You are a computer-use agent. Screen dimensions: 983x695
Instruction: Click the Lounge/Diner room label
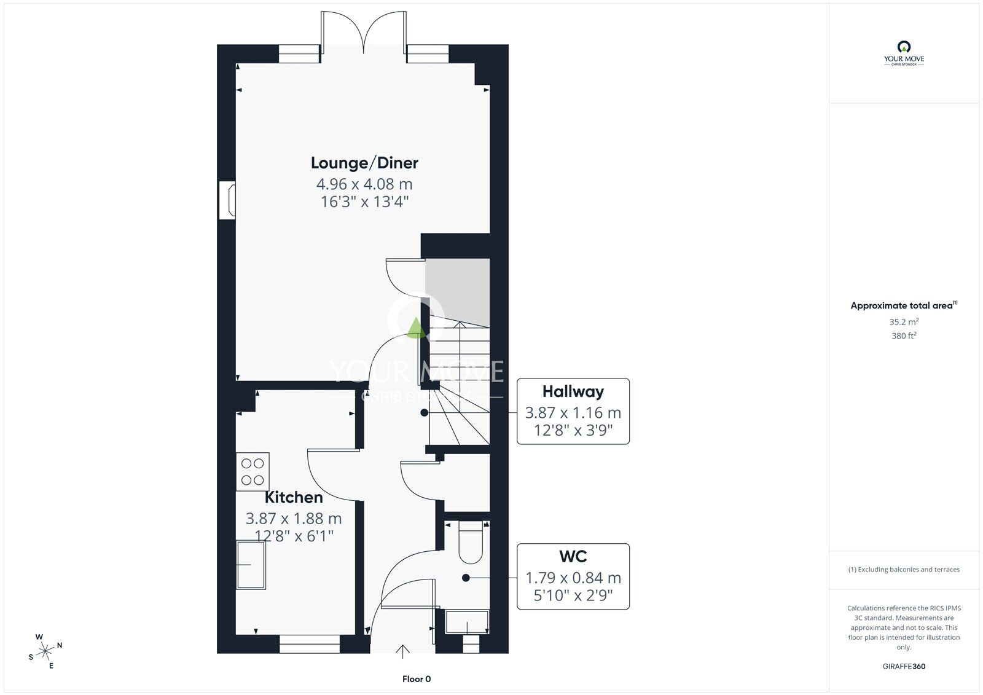364,163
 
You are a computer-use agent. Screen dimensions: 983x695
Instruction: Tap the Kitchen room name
294,497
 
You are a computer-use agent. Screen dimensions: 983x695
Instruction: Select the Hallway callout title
573,391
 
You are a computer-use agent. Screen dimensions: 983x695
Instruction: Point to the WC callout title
573,556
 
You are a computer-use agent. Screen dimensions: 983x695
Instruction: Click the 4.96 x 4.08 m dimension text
364,184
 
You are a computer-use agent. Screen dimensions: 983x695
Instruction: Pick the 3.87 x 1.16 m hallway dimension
573,413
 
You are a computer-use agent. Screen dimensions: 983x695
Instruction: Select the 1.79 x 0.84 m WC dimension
573,578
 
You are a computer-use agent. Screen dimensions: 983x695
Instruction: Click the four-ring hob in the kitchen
253,471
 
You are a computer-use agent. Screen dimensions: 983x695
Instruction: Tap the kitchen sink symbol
251,565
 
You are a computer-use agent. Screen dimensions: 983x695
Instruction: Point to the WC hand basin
467,622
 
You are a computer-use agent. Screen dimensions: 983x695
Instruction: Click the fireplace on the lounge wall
228,201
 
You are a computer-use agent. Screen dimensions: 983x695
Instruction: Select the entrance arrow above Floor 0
402,651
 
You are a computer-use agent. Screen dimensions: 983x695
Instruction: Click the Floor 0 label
417,679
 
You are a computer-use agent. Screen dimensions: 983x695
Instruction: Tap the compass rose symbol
45,651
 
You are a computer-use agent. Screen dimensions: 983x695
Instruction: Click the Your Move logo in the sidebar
904,53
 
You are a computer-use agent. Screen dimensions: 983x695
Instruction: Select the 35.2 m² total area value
904,321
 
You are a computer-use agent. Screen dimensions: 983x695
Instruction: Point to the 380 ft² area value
904,336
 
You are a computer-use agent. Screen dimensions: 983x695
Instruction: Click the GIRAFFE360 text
904,667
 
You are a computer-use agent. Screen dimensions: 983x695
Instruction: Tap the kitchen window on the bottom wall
310,644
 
